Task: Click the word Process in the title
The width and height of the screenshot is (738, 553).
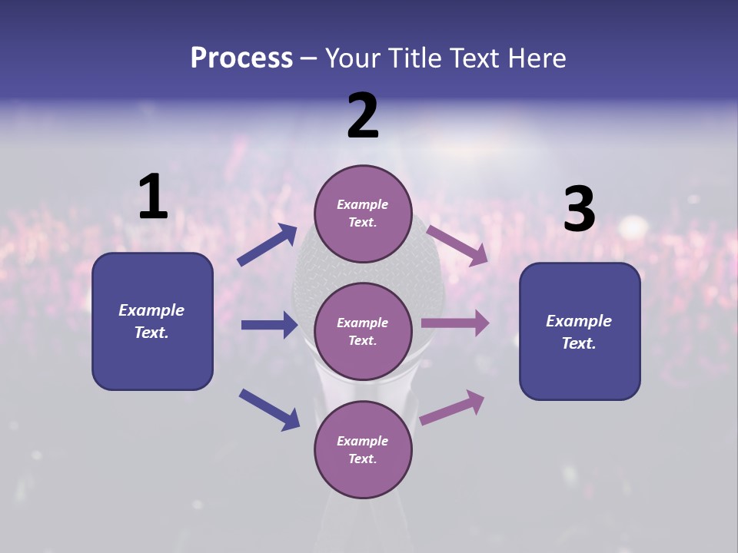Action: pos(241,58)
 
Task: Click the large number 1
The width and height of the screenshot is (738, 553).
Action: pos(153,197)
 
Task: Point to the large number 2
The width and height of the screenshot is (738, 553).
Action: pos(363,116)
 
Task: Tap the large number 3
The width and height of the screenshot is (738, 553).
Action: pos(579,210)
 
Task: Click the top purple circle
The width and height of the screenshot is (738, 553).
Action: pos(363,214)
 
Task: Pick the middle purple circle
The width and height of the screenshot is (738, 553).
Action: pos(363,332)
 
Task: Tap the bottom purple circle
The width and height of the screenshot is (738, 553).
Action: pos(363,450)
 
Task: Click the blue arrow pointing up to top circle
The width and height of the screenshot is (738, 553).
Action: pos(268,245)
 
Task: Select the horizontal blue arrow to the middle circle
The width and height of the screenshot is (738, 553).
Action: pos(269,325)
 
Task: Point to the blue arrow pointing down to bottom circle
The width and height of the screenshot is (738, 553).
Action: pos(269,409)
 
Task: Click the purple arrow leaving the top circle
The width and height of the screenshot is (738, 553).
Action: pos(457,245)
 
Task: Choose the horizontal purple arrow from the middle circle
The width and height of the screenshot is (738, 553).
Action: pos(455,323)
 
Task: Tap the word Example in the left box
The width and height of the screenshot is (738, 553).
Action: pos(151,310)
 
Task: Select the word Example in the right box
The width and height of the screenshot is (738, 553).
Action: pos(579,321)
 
